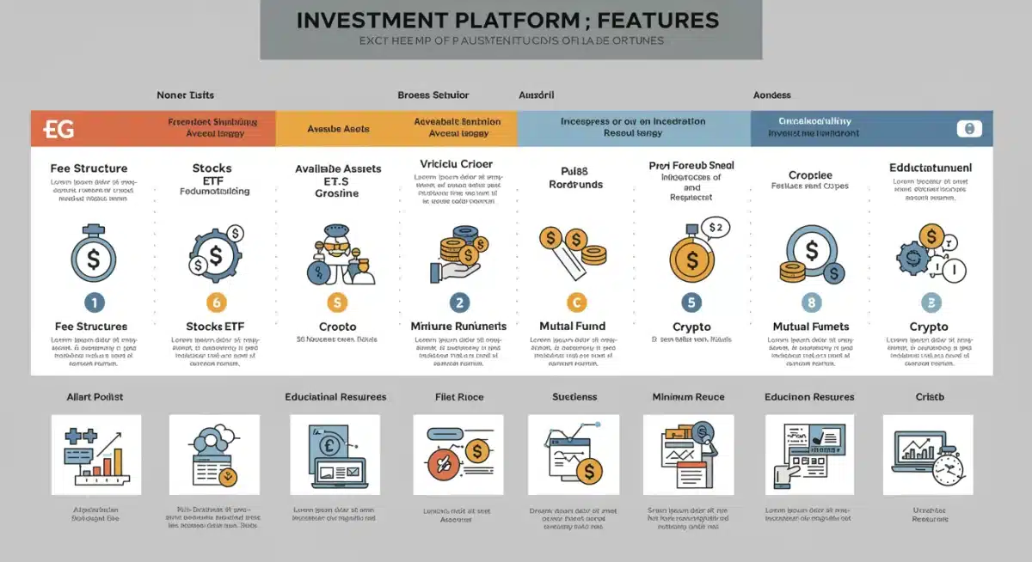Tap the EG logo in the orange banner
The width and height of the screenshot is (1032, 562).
(58, 129)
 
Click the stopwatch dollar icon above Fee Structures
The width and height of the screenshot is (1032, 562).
(93, 256)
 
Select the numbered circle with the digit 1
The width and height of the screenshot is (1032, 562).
(93, 302)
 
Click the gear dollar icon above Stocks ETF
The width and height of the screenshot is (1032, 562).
(216, 254)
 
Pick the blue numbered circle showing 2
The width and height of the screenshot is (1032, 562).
(459, 302)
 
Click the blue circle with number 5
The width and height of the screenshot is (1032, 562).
(691, 302)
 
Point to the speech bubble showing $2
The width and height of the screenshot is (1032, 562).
(714, 228)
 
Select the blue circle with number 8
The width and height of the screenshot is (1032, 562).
(811, 302)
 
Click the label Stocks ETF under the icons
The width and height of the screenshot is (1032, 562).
(216, 327)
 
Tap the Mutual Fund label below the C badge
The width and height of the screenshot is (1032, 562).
(572, 327)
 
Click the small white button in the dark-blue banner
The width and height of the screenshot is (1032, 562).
(968, 129)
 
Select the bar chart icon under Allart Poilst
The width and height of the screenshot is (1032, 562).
(95, 455)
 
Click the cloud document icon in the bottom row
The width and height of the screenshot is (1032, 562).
(214, 455)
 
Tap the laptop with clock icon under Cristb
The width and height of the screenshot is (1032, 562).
(928, 455)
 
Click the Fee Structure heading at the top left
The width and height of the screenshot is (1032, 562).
(89, 168)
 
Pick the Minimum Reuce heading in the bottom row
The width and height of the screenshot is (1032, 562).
(688, 397)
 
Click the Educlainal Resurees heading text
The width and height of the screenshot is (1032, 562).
(335, 397)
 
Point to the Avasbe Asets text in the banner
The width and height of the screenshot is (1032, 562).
(338, 129)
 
